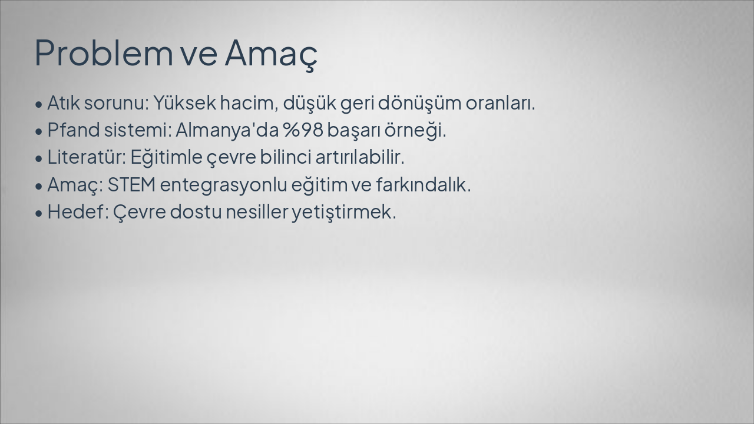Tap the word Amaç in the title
[x=271, y=53]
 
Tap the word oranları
[x=500, y=103]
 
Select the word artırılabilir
[x=360, y=157]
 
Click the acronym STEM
[x=131, y=185]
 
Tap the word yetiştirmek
[x=344, y=212]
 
